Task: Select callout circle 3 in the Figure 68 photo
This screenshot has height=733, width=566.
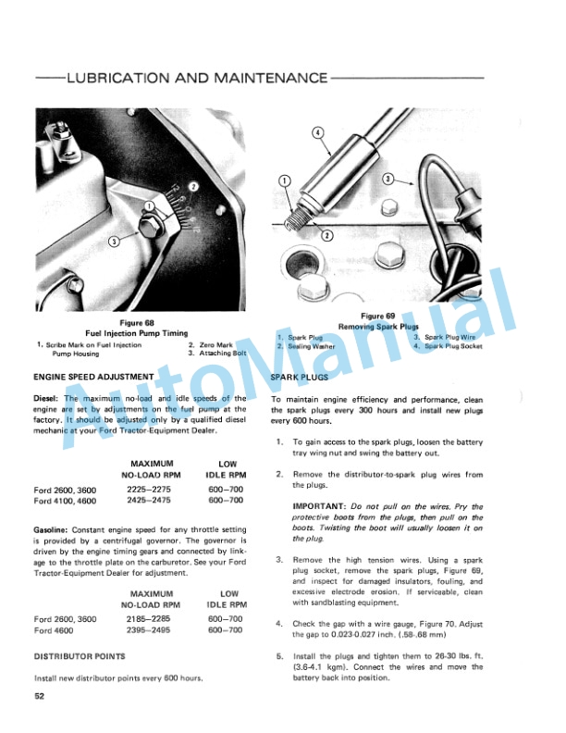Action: point(113,242)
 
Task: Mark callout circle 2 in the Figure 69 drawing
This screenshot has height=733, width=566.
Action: point(326,235)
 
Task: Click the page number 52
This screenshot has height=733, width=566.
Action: point(40,696)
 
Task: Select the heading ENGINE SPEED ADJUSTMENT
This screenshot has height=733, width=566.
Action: point(92,378)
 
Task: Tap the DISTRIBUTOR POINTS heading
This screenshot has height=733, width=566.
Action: point(79,655)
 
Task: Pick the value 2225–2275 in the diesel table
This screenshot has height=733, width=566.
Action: point(140,489)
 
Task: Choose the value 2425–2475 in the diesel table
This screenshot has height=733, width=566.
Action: point(140,500)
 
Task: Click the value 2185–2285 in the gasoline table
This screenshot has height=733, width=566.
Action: point(140,618)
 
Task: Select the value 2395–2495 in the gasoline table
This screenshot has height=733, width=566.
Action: point(140,629)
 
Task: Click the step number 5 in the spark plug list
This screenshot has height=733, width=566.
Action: point(279,654)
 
